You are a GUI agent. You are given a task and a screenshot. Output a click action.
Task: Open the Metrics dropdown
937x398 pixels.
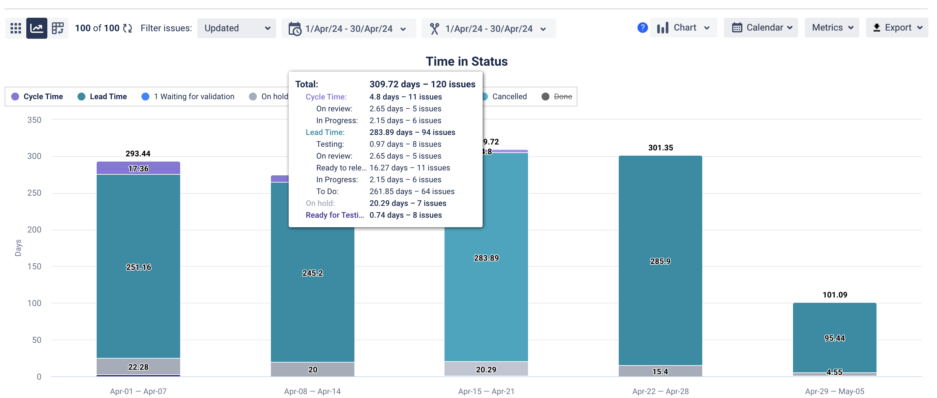pyautogui.click(x=831, y=28)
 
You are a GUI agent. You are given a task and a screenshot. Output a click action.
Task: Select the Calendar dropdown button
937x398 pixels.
pyautogui.click(x=761, y=28)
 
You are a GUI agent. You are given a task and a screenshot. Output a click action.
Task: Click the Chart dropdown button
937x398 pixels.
pyautogui.click(x=683, y=28)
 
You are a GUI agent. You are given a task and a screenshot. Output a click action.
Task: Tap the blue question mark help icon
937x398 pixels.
pyautogui.click(x=642, y=28)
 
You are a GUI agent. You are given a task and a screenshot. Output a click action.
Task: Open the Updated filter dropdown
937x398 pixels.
pyautogui.click(x=236, y=28)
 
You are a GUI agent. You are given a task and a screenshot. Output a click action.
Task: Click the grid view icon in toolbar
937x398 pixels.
pyautogui.click(x=16, y=28)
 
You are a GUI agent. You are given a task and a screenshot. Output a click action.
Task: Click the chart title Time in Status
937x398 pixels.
pyautogui.click(x=466, y=61)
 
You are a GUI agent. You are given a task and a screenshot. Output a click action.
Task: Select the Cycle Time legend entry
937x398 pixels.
pyautogui.click(x=37, y=96)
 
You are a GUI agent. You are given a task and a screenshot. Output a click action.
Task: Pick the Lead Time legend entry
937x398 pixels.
pyautogui.click(x=103, y=96)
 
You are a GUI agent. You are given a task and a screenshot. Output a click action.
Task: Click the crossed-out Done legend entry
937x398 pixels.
pyautogui.click(x=562, y=96)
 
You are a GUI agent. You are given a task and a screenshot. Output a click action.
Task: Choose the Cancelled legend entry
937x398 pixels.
pyautogui.click(x=509, y=96)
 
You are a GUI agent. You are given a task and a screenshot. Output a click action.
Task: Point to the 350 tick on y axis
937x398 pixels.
pyautogui.click(x=34, y=120)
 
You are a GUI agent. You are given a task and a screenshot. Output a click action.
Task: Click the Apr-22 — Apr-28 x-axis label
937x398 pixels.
pyautogui.click(x=660, y=391)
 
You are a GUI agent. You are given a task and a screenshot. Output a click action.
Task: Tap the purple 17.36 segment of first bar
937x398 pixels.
pyautogui.click(x=138, y=168)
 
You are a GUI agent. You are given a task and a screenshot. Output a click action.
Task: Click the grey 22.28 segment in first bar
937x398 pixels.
pyautogui.click(x=138, y=366)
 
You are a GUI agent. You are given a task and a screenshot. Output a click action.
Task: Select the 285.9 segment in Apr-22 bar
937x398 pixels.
pyautogui.click(x=660, y=261)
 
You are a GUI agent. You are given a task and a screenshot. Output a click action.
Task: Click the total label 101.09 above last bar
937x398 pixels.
pyautogui.click(x=834, y=295)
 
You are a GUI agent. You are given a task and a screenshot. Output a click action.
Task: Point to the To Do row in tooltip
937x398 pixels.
pyautogui.click(x=385, y=191)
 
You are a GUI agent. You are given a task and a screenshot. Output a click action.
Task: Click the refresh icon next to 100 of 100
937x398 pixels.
pyautogui.click(x=127, y=28)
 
